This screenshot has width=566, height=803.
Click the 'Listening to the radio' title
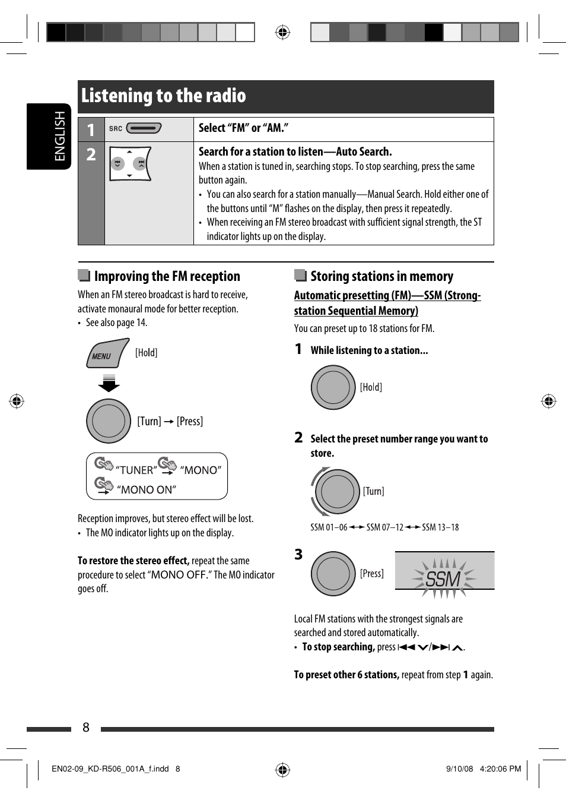[x=164, y=96]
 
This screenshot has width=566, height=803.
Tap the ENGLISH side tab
[x=59, y=136]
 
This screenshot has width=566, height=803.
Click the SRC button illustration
[x=144, y=128]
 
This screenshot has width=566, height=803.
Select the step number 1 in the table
[x=91, y=129]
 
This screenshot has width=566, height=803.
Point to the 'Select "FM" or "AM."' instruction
[x=243, y=128]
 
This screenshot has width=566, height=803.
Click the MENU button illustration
[x=107, y=354]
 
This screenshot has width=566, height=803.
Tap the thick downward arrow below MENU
[x=109, y=383]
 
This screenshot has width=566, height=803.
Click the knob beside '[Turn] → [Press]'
[x=109, y=421]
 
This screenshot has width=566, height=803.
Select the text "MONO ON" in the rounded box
[x=147, y=490]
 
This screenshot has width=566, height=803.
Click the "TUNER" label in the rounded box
[x=136, y=470]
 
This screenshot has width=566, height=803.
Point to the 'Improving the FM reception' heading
[x=167, y=276]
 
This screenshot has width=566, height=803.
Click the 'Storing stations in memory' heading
[x=381, y=276]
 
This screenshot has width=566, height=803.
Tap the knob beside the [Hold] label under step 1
[x=333, y=387]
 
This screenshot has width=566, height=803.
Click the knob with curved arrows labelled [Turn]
[x=337, y=491]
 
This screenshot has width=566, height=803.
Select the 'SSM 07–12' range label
[x=384, y=527]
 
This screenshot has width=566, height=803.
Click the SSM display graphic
[x=444, y=572]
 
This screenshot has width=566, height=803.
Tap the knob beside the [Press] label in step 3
[x=333, y=573]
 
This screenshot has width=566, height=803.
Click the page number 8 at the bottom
[x=86, y=728]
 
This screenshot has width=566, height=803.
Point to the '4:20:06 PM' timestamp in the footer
[x=500, y=769]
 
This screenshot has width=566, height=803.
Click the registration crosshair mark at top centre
[x=283, y=32]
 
